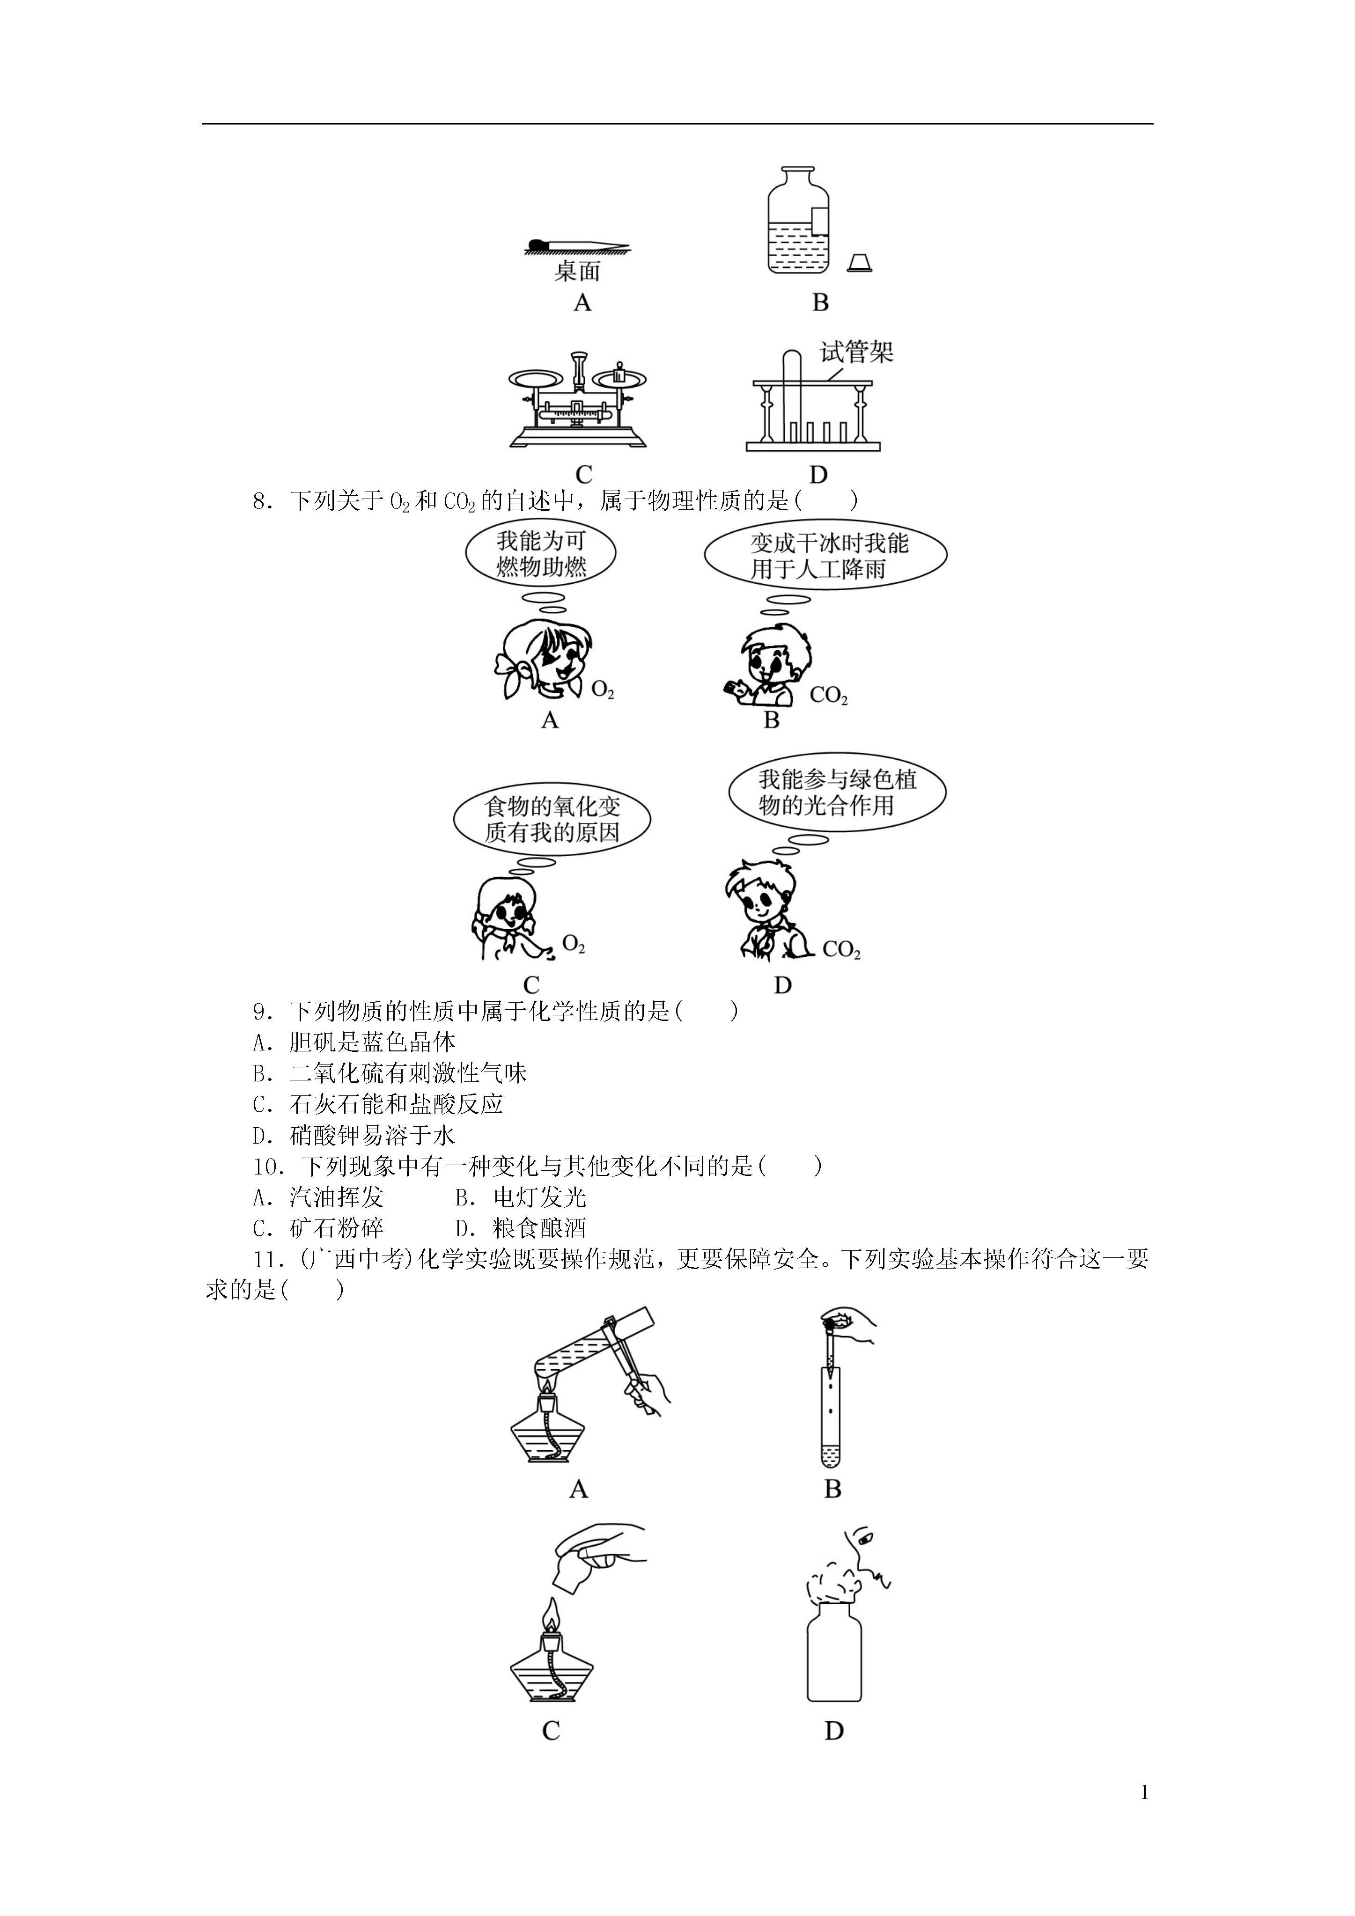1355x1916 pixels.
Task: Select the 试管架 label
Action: tap(856, 352)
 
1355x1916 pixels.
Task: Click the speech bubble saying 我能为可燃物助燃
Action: tap(541, 554)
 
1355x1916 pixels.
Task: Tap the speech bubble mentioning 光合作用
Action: tap(837, 793)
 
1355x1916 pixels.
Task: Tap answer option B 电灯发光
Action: tap(521, 1197)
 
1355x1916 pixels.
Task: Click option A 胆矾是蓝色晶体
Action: tap(355, 1042)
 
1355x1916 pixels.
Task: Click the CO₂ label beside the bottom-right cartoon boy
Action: tap(841, 950)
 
